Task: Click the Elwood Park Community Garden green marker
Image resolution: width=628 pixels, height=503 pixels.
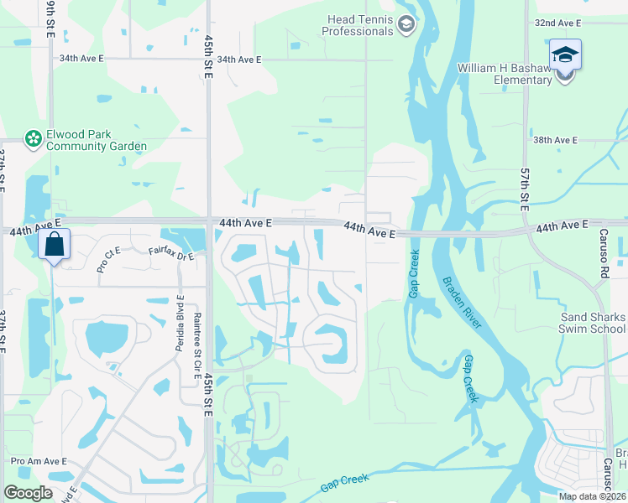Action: click(x=34, y=138)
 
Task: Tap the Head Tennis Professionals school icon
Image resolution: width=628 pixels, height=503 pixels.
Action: click(x=406, y=24)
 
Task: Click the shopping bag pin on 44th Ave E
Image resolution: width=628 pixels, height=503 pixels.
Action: click(x=54, y=246)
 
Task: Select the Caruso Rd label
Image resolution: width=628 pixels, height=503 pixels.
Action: click(x=603, y=251)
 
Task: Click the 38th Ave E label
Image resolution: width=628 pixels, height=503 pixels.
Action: click(x=556, y=140)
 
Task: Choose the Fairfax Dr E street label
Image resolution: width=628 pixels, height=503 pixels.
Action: click(x=170, y=251)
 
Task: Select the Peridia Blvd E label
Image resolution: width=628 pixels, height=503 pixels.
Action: click(x=180, y=322)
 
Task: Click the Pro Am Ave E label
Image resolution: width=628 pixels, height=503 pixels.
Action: click(x=39, y=461)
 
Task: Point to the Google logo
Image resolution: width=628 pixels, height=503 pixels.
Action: click(x=28, y=493)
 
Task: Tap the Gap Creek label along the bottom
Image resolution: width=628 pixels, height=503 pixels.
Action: click(x=344, y=485)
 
